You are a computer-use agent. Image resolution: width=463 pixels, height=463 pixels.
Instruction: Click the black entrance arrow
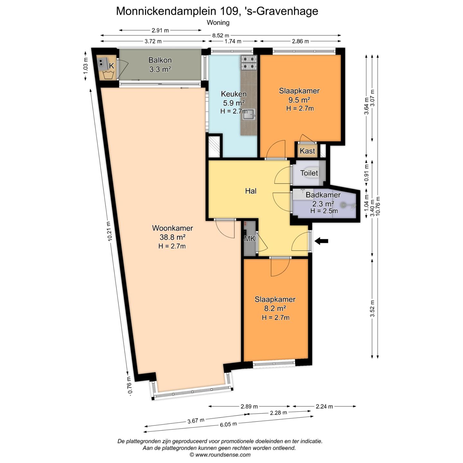click(321, 241)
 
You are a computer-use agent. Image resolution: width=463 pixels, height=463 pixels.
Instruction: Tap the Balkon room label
click(160, 60)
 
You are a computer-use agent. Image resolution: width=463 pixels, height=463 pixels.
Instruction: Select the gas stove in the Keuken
click(249, 63)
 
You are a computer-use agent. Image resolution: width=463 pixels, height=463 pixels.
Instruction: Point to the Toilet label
click(309, 173)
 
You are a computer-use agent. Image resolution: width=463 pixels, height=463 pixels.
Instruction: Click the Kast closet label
click(307, 151)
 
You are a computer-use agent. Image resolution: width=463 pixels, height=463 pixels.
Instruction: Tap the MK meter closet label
click(250, 239)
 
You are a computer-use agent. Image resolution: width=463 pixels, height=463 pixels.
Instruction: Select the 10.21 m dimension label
click(110, 231)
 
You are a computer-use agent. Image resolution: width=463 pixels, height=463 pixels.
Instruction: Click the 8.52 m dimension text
click(220, 36)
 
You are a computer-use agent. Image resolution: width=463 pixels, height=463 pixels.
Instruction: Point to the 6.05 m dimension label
click(229, 424)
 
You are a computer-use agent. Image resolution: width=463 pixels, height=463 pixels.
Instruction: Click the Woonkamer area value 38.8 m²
click(173, 237)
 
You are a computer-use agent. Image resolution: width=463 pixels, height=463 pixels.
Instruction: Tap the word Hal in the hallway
click(250, 191)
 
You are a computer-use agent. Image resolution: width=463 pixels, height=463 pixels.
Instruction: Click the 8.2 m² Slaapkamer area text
click(275, 308)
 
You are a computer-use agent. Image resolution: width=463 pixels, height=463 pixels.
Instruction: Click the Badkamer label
click(323, 195)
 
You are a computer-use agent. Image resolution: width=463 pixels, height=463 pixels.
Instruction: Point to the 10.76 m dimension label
click(378, 206)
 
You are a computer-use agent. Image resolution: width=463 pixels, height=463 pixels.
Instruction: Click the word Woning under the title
click(218, 23)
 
